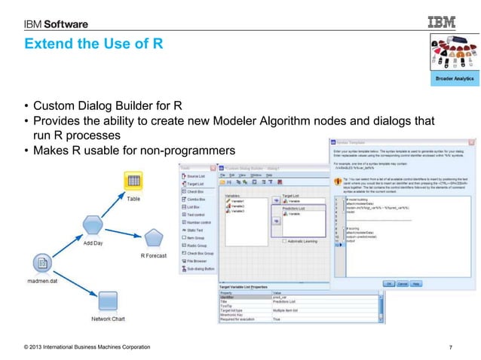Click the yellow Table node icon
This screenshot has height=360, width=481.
click(x=132, y=182)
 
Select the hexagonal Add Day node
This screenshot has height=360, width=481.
click(x=93, y=224)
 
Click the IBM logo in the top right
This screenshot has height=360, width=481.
click(x=444, y=23)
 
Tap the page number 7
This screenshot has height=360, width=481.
click(x=449, y=346)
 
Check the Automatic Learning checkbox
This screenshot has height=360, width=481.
click(x=284, y=241)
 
